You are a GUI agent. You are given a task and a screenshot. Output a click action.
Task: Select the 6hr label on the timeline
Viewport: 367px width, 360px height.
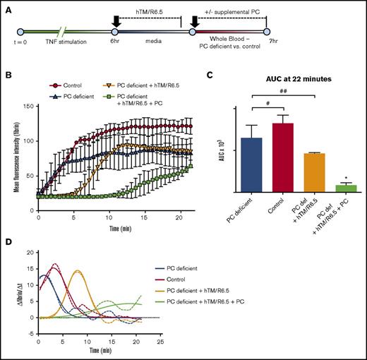(x=114, y=43)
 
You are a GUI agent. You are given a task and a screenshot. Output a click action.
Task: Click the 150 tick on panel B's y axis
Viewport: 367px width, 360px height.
(x=27, y=105)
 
